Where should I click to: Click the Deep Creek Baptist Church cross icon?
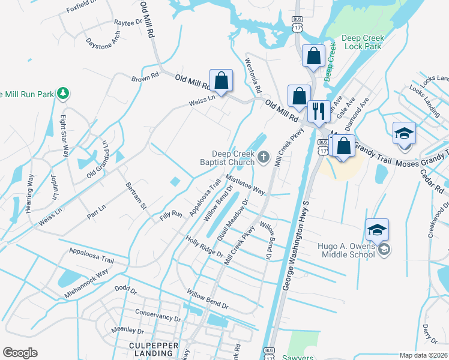click(x=264, y=158)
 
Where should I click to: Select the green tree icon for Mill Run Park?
click(x=62, y=94)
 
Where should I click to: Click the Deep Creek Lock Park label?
click(x=362, y=42)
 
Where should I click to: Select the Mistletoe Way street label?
click(x=246, y=184)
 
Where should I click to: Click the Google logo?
click(x=20, y=353)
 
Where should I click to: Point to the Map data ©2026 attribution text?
click(x=423, y=355)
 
